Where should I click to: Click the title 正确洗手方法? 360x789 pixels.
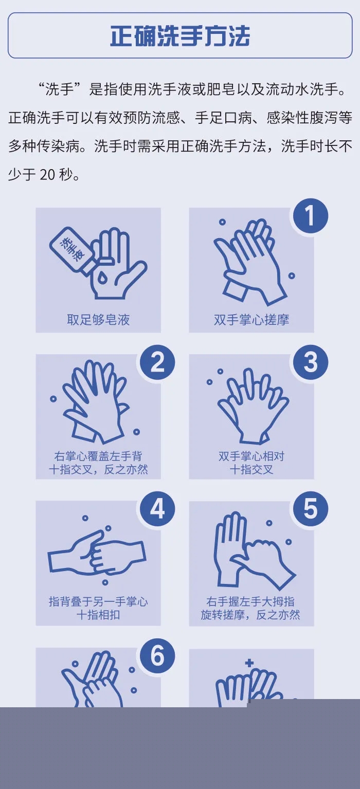pyautogui.click(x=180, y=35)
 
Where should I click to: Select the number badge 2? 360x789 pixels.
pyautogui.click(x=157, y=362)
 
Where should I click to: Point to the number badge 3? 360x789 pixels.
pyautogui.click(x=310, y=362)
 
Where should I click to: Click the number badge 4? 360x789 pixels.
pyautogui.click(x=157, y=509)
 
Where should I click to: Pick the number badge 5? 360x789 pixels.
pyautogui.click(x=310, y=509)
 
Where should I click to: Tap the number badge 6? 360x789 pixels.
pyautogui.click(x=157, y=656)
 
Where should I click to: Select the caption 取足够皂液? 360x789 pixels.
pyautogui.click(x=98, y=320)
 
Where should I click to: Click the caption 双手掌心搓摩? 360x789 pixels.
pyautogui.click(x=251, y=320)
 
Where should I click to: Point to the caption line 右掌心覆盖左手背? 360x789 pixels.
pyautogui.click(x=98, y=456)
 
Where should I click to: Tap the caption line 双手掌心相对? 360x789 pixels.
pyautogui.click(x=251, y=456)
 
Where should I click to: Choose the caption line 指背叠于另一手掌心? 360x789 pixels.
pyautogui.click(x=98, y=601)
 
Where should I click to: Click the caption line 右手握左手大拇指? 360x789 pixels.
pyautogui.click(x=250, y=601)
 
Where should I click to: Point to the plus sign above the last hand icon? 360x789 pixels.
pyautogui.click(x=249, y=663)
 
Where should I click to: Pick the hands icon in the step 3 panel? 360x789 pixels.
pyautogui.click(x=253, y=406)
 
